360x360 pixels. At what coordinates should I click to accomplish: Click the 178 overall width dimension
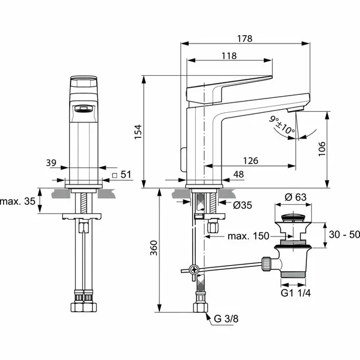245,39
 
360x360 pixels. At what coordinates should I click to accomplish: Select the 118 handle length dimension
229,56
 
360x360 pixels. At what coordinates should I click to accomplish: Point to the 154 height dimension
139,132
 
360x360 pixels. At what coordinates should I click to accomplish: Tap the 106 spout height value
322,149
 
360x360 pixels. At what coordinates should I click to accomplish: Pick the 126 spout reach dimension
251,161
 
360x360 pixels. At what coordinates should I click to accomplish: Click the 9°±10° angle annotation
282,125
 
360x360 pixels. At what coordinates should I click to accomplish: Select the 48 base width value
239,174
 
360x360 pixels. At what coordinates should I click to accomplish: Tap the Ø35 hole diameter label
242,205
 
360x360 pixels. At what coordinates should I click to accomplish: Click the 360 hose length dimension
154,248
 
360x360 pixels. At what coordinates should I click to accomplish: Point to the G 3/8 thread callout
226,319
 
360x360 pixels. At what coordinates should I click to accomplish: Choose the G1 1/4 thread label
296,293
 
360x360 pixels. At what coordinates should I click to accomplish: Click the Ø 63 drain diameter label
296,197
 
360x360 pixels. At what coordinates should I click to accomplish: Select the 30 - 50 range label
344,235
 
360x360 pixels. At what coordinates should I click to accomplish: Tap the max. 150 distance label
248,236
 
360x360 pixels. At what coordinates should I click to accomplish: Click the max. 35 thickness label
18,201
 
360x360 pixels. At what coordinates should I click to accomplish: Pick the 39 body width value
51,163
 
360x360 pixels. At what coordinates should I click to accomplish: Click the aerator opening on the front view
84,108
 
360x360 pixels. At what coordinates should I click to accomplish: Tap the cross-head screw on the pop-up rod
195,269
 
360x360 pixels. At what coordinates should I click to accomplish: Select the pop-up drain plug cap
293,217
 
